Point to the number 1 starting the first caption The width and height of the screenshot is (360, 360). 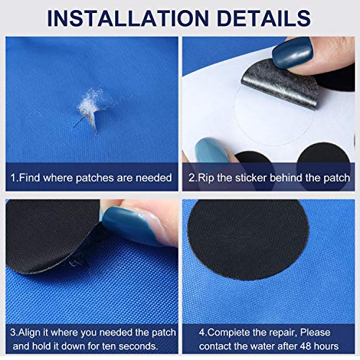[12, 177]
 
